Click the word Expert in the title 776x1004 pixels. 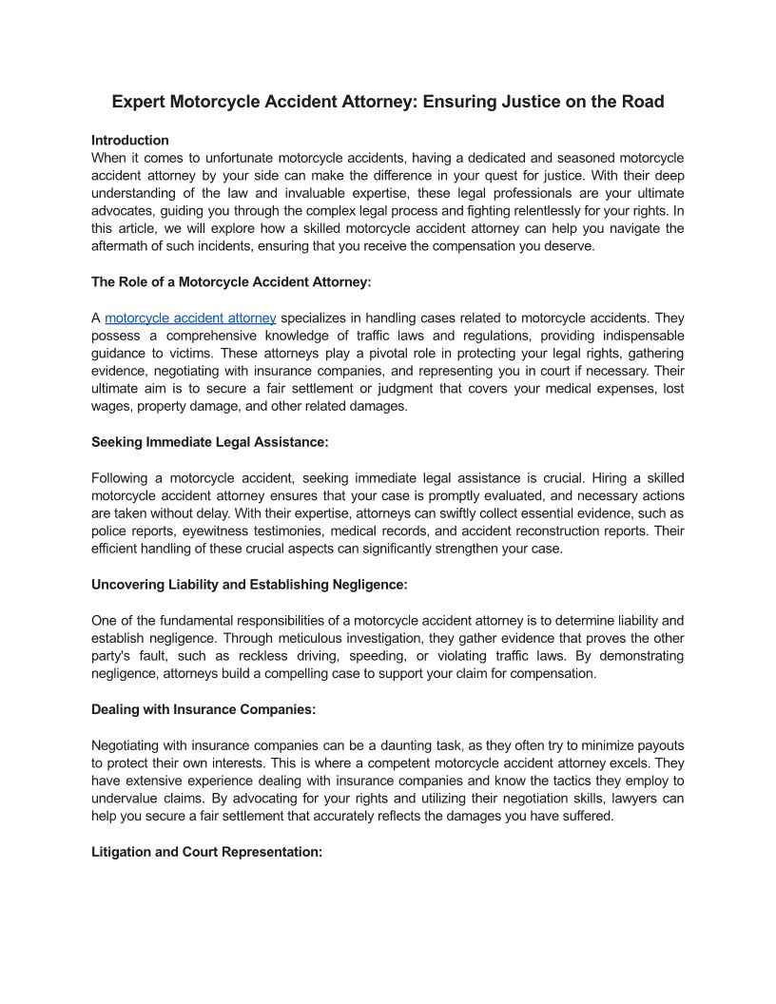138,102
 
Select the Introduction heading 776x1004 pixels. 130,140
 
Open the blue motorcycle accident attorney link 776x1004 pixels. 190,319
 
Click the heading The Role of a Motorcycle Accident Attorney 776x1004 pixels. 231,281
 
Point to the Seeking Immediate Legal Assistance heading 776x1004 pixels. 210,442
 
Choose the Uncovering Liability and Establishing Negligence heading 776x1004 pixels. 249,584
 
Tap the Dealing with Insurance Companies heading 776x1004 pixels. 204,709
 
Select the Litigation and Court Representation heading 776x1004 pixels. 207,852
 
